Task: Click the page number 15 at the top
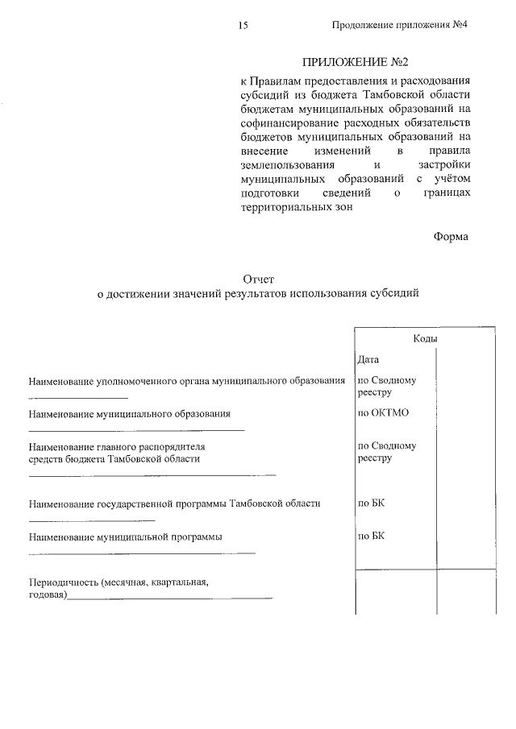[x=243, y=26]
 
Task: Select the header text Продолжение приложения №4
[x=400, y=25]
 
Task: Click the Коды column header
[x=425, y=339]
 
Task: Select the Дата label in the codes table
[x=368, y=359]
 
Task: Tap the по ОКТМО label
[x=384, y=413]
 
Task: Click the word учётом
[x=448, y=178]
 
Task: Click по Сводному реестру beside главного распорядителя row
[x=385, y=452]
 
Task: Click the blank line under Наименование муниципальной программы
[x=142, y=553]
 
